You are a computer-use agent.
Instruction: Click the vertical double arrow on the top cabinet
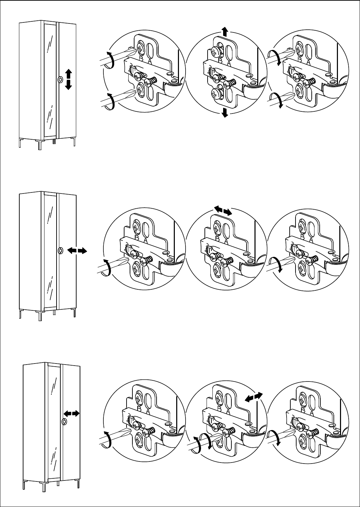(x=68, y=79)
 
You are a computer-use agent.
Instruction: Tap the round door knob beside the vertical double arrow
(x=60, y=79)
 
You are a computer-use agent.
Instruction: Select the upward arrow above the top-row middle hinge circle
(x=224, y=32)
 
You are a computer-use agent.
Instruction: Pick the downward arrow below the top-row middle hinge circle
(x=225, y=112)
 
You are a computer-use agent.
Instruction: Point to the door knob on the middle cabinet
(x=60, y=251)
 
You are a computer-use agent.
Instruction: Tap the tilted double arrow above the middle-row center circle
(x=222, y=210)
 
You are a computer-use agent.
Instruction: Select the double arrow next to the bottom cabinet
(x=72, y=413)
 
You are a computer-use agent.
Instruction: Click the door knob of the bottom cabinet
(x=64, y=421)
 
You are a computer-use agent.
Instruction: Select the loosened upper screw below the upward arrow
(x=216, y=52)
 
